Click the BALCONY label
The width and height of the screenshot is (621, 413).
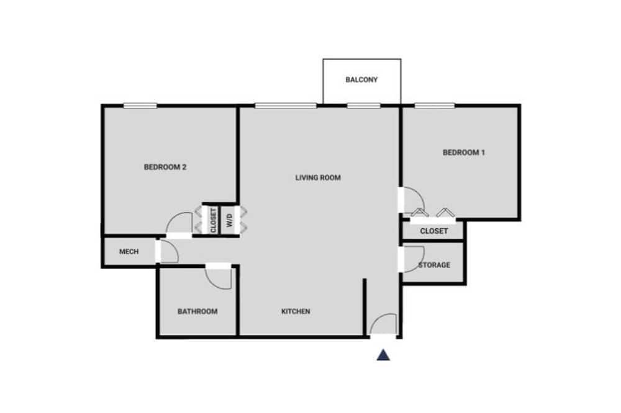coord(361,79)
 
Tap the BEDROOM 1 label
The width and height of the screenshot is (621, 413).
coord(463,153)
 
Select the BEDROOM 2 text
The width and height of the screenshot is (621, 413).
coord(165,167)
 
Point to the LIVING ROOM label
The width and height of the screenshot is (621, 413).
coord(317,177)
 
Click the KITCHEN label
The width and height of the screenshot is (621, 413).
coord(296,311)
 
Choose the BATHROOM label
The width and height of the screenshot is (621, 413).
coord(197,311)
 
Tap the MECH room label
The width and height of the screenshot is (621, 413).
coord(129,252)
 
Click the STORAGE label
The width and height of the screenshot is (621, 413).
coord(434,265)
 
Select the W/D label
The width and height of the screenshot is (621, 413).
coord(230,220)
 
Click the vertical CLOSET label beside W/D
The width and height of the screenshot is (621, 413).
coord(214,220)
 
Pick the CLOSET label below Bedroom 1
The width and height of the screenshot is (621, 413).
coord(433,231)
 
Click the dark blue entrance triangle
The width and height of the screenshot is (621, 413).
coord(383,355)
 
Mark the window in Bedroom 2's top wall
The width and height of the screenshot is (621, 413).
coord(140,105)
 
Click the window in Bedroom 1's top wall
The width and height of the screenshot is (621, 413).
coord(435,105)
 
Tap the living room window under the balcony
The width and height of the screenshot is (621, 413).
coord(363,105)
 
